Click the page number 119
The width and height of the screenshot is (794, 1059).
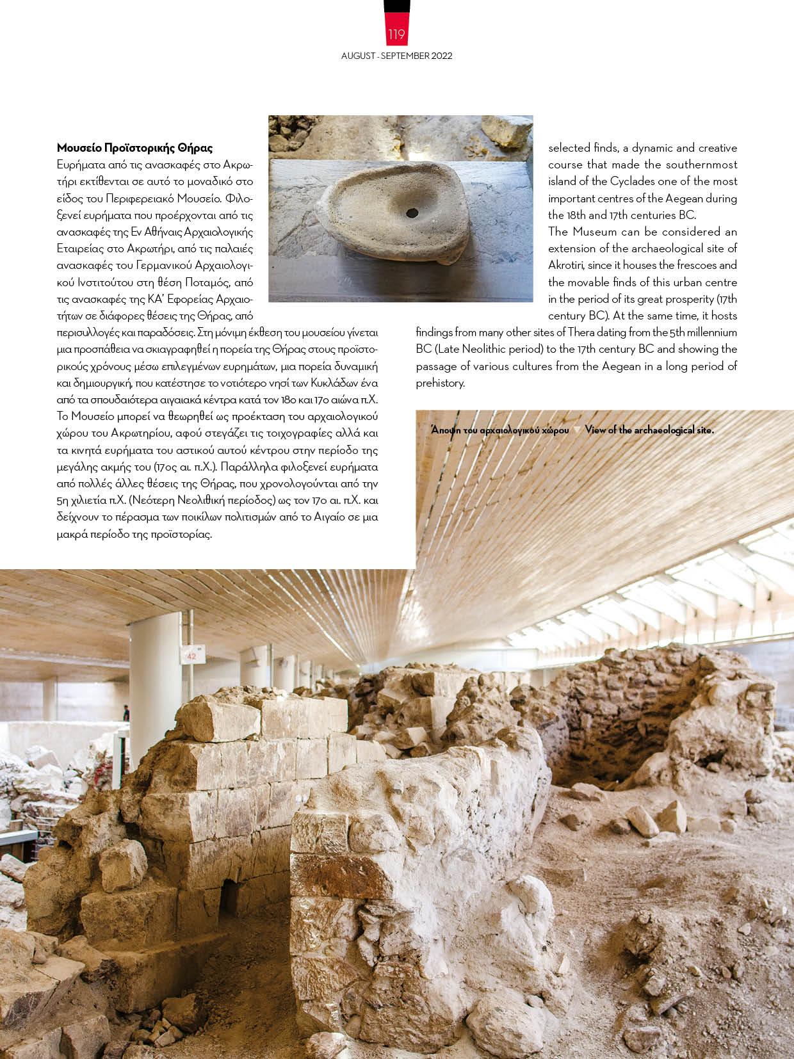396,34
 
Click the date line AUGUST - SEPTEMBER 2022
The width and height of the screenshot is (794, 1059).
396,56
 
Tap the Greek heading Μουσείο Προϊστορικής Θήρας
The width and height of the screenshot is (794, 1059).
134,148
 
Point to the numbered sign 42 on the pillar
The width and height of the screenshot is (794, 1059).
190,656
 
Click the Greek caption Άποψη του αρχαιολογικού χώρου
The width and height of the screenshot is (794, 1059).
501,430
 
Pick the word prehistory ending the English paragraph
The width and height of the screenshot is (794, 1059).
440,383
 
